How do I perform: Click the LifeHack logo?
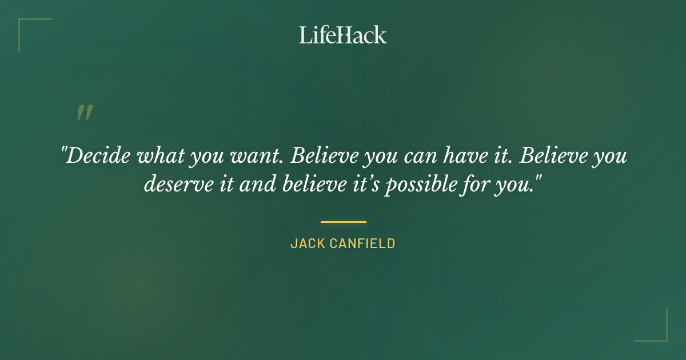pyautogui.click(x=343, y=35)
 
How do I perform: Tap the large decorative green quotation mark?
pyautogui.click(x=85, y=113)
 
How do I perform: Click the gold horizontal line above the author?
pyautogui.click(x=343, y=222)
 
